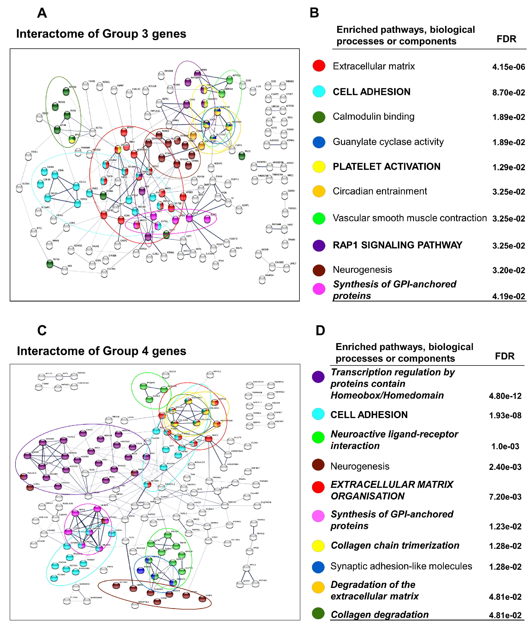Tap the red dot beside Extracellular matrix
pyautogui.click(x=319, y=65)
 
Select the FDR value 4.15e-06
pyautogui.click(x=508, y=67)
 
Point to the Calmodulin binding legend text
pyautogui.click(x=373, y=116)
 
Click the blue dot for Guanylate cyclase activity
pyautogui.click(x=319, y=142)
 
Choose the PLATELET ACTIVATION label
pyautogui.click(x=386, y=167)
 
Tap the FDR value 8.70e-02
pyautogui.click(x=508, y=92)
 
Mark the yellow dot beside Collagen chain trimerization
pyautogui.click(x=318, y=546)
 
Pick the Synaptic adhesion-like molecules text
pyautogui.click(x=401, y=566)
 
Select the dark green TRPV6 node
pyautogui.click(x=50, y=264)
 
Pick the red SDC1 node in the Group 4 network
pyautogui.click(x=208, y=439)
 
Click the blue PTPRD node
pyautogui.click(x=140, y=571)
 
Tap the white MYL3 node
pyautogui.click(x=246, y=568)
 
